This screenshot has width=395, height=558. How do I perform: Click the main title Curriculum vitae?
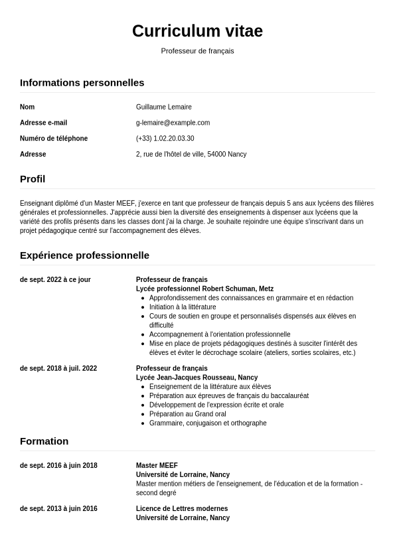point(197,31)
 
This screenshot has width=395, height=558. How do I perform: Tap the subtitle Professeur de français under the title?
point(197,51)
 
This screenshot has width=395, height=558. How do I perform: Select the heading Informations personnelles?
point(82,83)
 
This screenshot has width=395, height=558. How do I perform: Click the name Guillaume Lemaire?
point(163,107)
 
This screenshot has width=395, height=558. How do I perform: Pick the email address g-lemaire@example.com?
point(173,123)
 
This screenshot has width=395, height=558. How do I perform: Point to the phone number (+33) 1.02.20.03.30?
point(165,139)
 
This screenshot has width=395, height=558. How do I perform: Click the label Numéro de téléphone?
point(54,139)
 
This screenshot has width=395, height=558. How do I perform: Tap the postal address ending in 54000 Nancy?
point(191,155)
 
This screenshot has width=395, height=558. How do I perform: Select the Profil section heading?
point(33,179)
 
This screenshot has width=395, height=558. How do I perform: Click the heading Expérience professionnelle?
point(84,255)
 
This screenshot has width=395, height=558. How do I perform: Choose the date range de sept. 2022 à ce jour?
point(55,280)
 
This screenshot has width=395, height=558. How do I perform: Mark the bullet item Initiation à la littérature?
point(183,307)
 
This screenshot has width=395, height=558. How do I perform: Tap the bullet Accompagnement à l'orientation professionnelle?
point(220,334)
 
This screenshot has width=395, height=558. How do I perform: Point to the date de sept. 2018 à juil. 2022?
point(58,369)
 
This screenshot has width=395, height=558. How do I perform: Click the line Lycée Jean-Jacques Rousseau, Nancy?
point(197,378)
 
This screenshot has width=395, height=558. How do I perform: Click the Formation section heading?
point(44,441)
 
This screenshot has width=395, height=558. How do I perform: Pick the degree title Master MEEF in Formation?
point(157,466)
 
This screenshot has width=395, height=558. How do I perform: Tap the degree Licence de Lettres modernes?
point(182,509)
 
